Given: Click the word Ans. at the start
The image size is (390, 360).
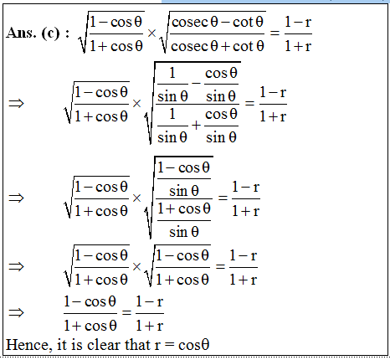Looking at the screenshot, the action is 21,33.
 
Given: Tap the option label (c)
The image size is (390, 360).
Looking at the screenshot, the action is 50,33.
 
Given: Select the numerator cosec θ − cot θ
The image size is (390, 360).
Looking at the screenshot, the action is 218,22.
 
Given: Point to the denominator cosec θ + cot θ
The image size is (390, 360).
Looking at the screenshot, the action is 218,46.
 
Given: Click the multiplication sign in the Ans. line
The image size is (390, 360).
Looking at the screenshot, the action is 151,33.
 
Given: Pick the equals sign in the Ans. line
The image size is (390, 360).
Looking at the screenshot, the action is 275,33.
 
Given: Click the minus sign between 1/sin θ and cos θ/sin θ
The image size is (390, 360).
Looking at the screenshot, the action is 196,83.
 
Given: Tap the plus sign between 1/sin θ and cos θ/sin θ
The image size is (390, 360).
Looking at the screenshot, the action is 196,125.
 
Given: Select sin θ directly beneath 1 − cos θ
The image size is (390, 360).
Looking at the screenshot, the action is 184,191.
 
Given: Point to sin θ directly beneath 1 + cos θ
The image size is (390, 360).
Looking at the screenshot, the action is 184,232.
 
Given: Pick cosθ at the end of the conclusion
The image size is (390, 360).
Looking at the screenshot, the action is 194,345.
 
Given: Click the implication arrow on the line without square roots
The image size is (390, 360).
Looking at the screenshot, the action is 17,312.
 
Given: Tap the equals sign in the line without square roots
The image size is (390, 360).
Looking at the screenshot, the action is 126,312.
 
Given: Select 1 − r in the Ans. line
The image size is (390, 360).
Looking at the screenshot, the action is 298,22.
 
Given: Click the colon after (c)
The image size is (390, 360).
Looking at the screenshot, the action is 67,33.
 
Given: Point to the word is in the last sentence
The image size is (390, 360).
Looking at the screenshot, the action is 77,345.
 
